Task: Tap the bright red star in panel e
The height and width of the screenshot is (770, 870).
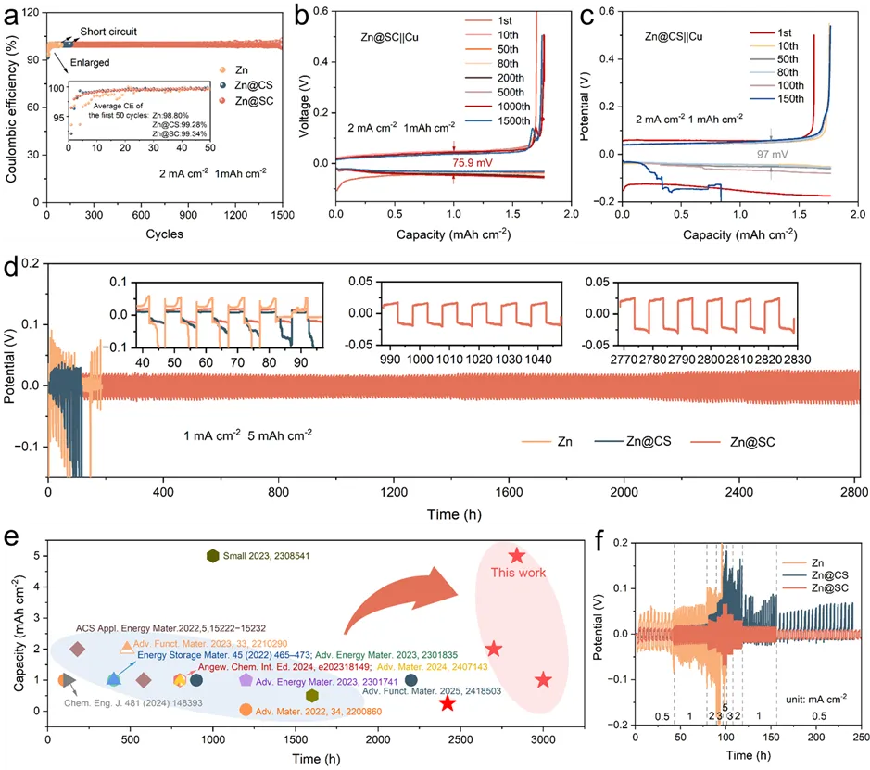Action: pos(448,703)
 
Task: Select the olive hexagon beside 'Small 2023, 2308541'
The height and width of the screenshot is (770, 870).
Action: pos(213,556)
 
